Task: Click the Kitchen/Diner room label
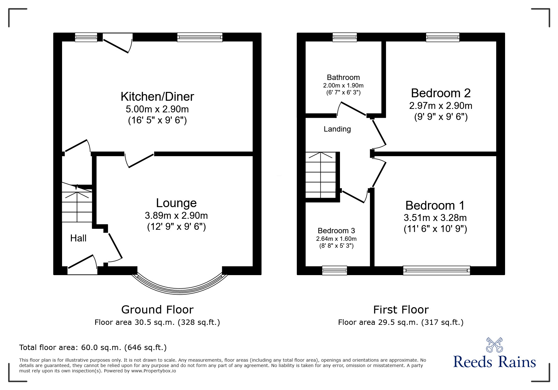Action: coord(157,96)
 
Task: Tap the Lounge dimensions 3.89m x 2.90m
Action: coord(176,216)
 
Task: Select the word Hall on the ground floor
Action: coord(78,238)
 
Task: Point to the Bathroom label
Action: coord(343,77)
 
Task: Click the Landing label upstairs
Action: coord(337,129)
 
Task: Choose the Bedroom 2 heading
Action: coord(440,93)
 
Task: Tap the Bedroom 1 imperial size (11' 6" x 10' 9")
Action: coord(435,229)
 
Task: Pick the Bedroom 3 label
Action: coord(336,231)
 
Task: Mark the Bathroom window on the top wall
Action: coord(345,37)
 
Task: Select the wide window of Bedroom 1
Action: coord(436,270)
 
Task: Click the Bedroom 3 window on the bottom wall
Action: coord(334,270)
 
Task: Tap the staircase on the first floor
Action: coord(321,175)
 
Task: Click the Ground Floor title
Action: coord(157,310)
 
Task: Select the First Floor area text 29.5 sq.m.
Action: coord(400,322)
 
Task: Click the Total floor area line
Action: coord(93,348)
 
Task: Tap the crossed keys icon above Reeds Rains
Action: coord(494,345)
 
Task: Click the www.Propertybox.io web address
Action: coord(153,371)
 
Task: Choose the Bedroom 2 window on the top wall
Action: coord(442,37)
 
